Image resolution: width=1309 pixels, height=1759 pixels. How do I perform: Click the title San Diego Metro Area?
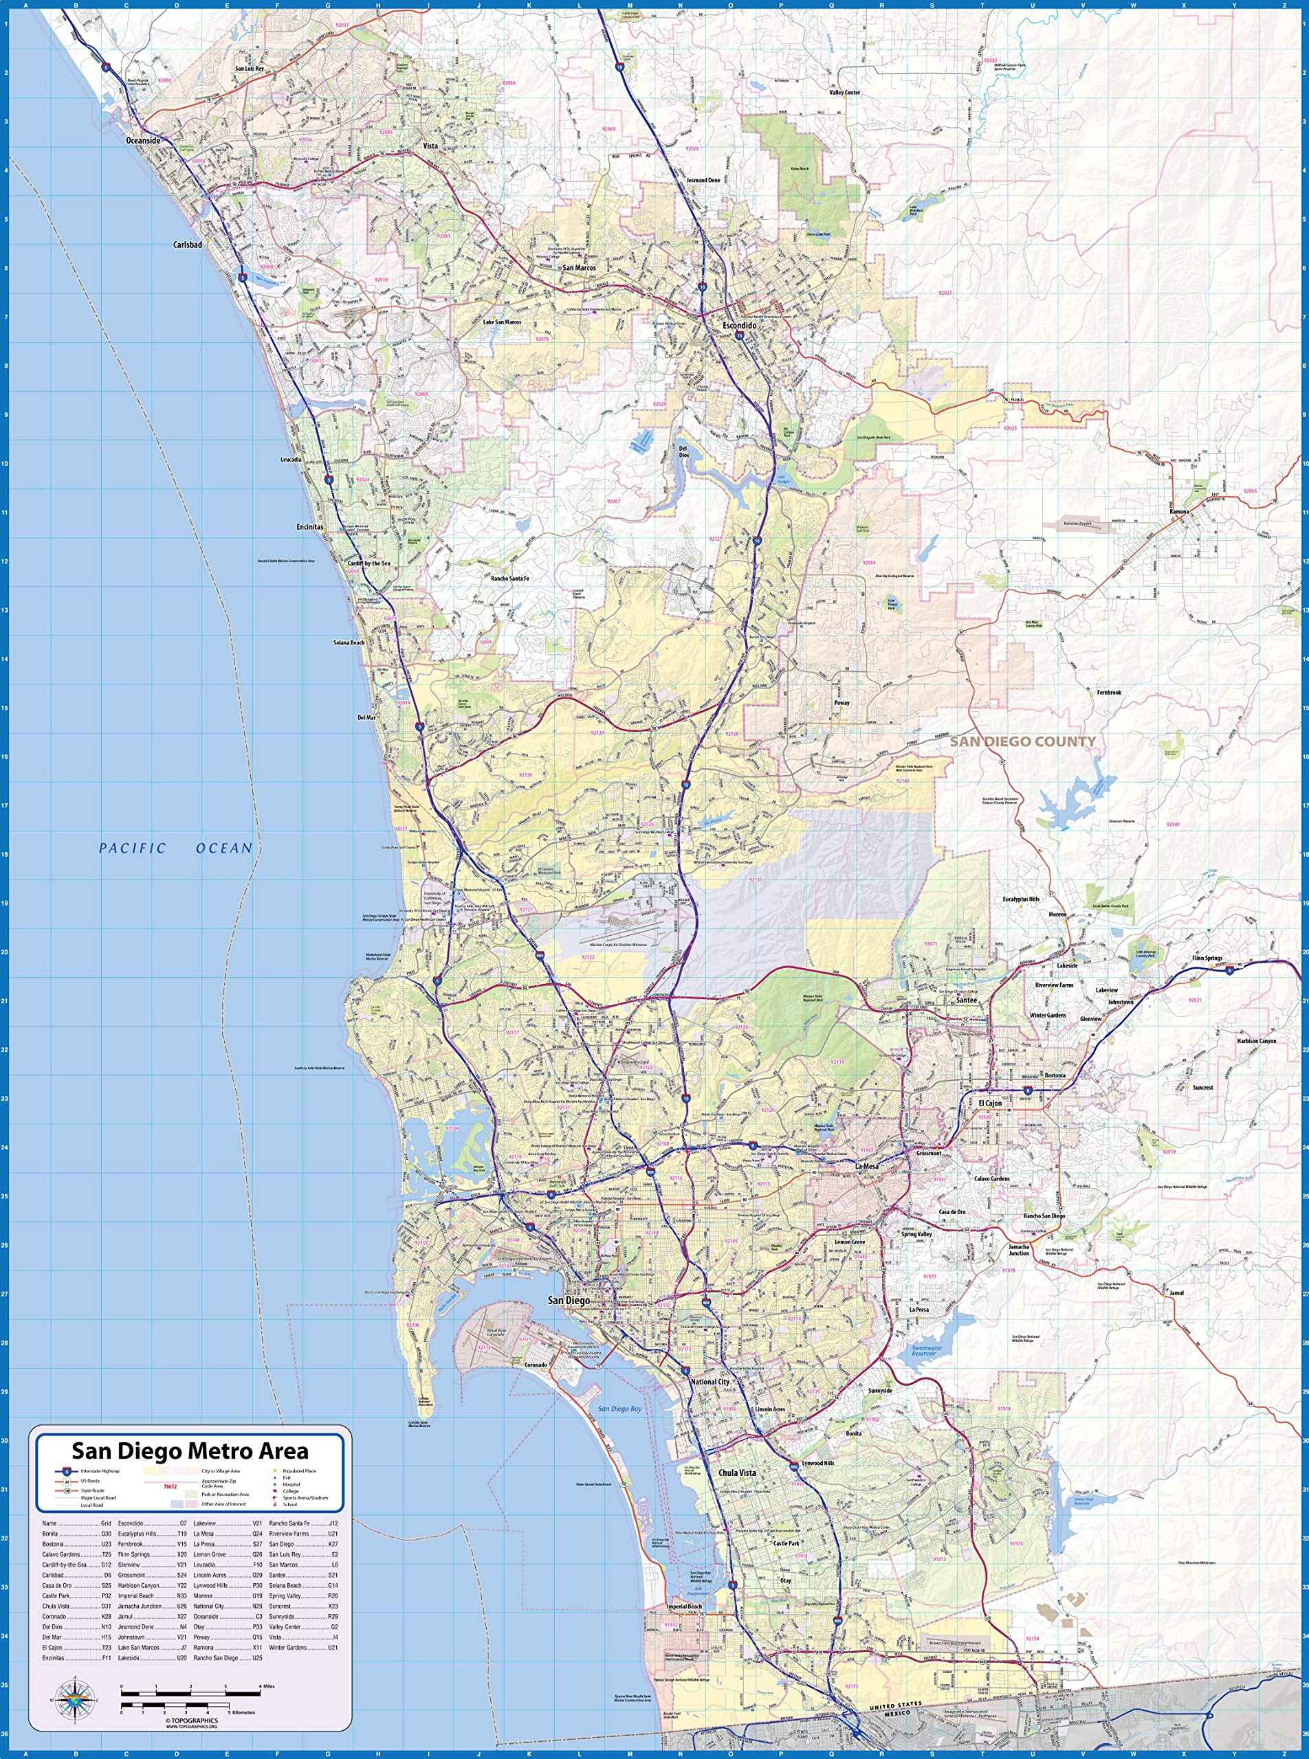[190, 1451]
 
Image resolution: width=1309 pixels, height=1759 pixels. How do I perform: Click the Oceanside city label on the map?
[144, 140]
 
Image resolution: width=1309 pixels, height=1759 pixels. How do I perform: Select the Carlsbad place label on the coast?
[188, 245]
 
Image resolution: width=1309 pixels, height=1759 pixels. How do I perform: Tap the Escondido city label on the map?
[739, 326]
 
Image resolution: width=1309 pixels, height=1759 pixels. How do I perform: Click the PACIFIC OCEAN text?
[175, 848]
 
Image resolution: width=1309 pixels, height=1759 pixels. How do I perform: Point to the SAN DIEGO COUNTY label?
[1023, 741]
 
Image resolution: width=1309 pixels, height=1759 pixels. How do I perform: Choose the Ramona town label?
[1179, 512]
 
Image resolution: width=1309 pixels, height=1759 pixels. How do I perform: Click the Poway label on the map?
[841, 702]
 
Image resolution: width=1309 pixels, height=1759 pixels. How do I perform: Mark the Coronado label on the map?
[536, 1365]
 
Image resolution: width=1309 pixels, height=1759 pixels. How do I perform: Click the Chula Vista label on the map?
[737, 1472]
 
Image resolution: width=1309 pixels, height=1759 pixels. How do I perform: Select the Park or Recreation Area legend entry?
[225, 1494]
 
